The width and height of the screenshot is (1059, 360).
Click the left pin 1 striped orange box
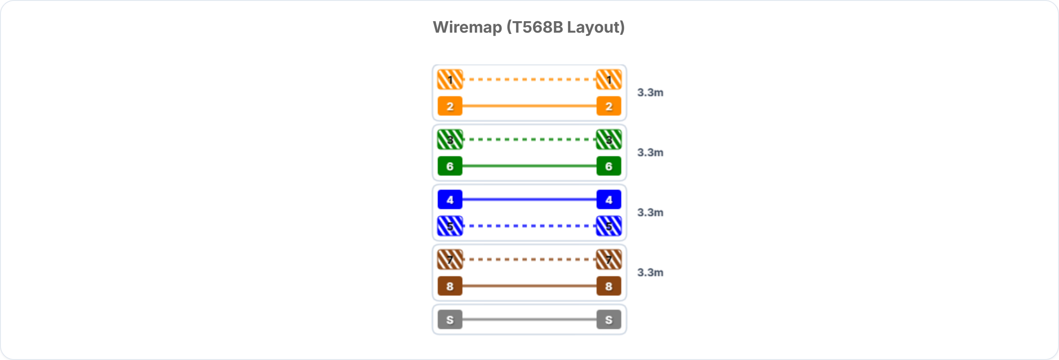tap(450, 79)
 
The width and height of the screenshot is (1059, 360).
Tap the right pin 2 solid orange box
tap(609, 106)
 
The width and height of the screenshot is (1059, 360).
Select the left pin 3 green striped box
tap(450, 139)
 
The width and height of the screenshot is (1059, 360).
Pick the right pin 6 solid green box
tap(609, 166)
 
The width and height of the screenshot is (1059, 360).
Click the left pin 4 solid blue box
tap(450, 199)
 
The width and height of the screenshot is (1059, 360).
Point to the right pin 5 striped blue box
tap(609, 226)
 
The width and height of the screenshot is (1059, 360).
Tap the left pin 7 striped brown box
tap(450, 259)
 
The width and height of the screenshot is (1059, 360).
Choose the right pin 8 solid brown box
tap(609, 286)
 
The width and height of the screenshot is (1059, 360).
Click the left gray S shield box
tap(450, 319)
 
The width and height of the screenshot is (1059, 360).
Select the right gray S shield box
tap(609, 319)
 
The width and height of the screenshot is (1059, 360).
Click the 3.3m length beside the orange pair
tap(650, 93)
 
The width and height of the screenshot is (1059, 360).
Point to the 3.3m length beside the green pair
tap(650, 153)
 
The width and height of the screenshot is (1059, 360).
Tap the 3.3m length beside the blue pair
tap(650, 213)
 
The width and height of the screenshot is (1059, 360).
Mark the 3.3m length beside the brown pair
tap(650, 273)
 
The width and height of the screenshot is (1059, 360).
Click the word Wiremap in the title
tap(467, 27)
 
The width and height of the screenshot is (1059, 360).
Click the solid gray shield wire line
tap(529, 319)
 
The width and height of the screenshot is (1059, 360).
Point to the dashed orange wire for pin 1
tap(529, 79)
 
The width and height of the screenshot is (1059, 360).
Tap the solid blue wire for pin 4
tap(529, 199)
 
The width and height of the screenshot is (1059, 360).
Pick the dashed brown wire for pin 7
tap(529, 259)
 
